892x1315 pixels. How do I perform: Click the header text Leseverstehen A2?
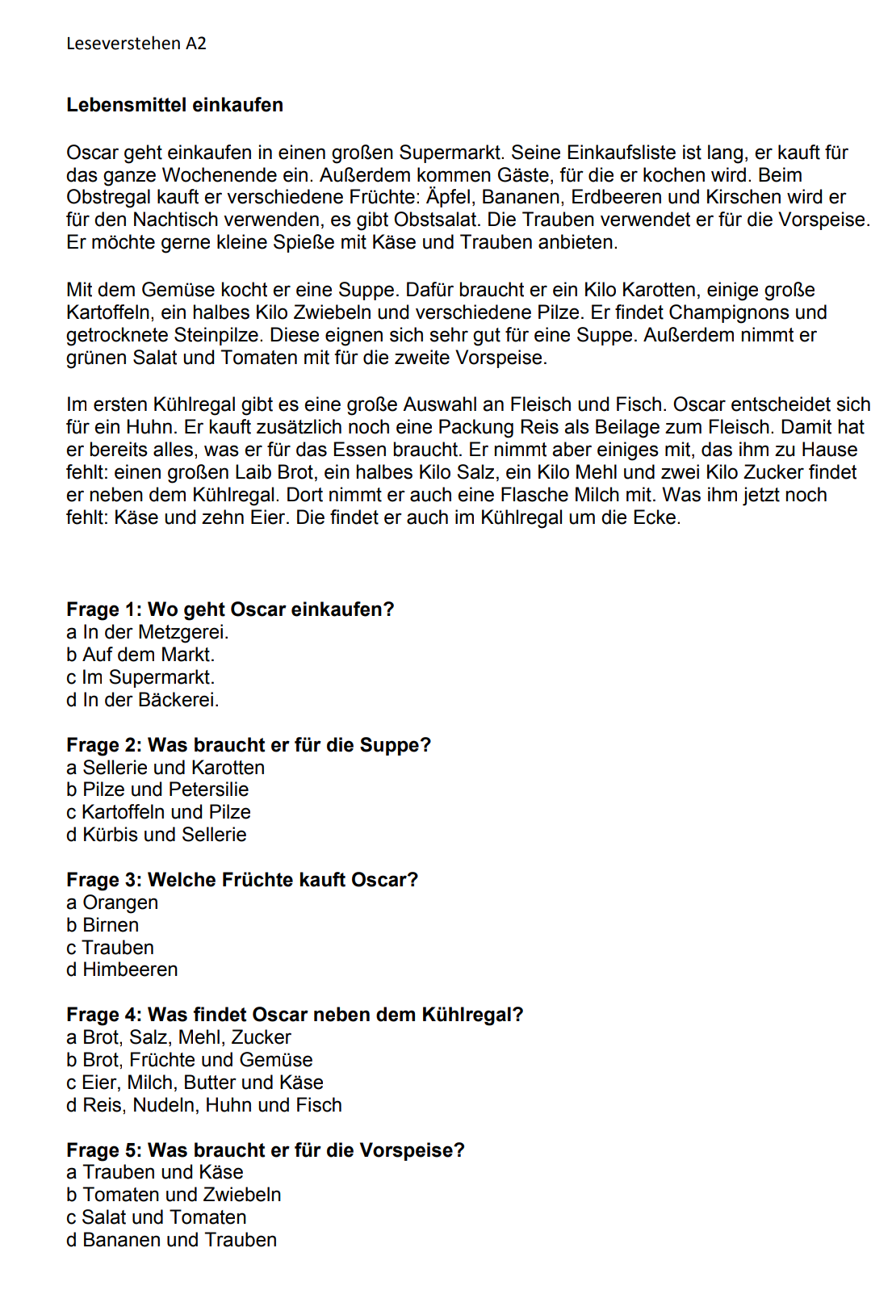136,44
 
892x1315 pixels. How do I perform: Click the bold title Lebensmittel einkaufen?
174,105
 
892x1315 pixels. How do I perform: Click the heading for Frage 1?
230,609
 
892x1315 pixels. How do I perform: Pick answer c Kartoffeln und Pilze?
158,812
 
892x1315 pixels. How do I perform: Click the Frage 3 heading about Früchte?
242,880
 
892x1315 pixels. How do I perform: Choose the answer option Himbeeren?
122,969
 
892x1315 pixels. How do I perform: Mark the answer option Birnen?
103,925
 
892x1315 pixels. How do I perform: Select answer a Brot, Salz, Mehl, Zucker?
178,1037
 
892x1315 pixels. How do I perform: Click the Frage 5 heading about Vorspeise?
266,1150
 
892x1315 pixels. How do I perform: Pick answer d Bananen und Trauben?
171,1240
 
